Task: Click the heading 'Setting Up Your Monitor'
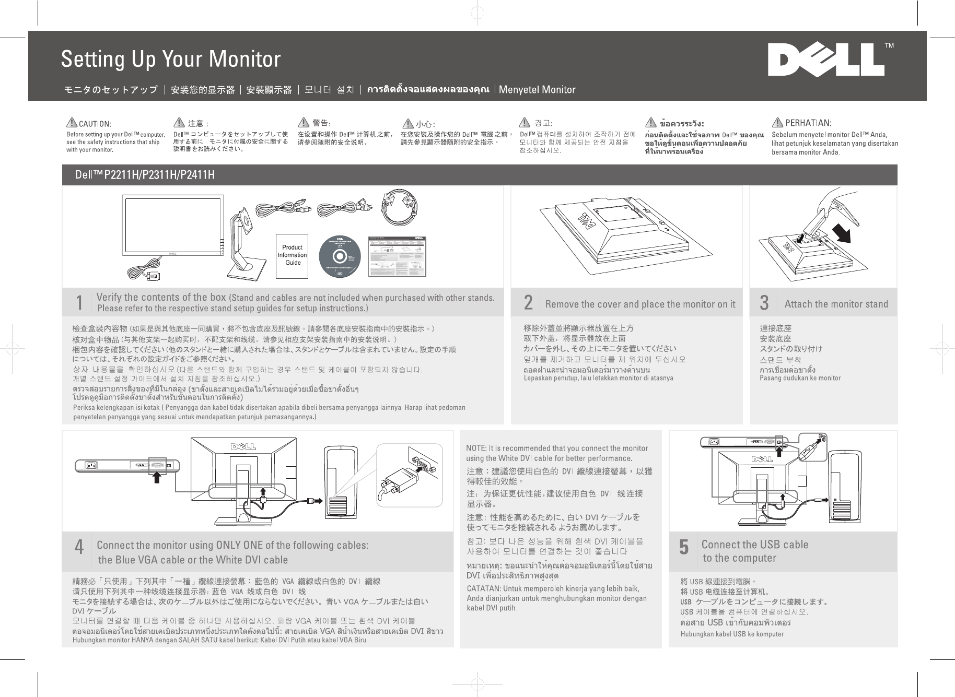171,59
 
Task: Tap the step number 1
79,303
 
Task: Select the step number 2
528,303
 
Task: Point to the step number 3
764,303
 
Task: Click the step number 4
79,547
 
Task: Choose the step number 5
683,547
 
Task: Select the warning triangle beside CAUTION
72,123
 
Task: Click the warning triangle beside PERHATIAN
777,123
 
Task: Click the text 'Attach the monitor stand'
836,304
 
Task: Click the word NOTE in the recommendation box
476,448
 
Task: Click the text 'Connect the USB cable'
754,545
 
